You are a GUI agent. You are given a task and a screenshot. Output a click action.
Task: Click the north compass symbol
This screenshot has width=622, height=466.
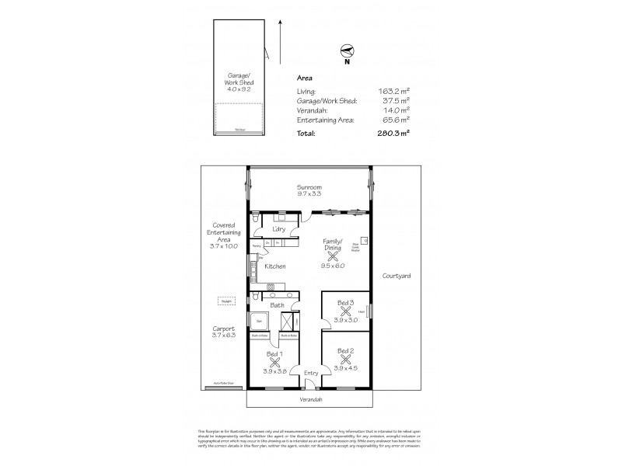(x=348, y=52)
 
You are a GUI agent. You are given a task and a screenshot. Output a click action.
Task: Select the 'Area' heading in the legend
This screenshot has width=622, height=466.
(x=306, y=79)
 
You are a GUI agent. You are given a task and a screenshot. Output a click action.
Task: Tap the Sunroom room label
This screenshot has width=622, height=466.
(x=309, y=190)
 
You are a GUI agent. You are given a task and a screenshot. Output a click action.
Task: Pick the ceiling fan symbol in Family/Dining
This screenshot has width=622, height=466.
(x=333, y=256)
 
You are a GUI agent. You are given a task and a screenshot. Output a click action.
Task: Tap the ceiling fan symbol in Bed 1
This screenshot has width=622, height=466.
(x=274, y=362)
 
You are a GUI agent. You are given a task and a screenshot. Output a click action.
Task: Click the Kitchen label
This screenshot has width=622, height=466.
(x=275, y=266)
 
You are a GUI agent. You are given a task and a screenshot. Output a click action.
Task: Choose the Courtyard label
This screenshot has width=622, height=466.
(x=397, y=276)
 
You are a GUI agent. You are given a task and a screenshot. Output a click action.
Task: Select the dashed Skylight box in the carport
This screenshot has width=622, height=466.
(x=225, y=301)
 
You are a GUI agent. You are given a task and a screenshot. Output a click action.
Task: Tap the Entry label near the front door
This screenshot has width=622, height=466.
(x=311, y=374)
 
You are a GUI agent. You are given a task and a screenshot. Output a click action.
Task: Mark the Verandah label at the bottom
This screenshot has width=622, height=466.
(x=311, y=399)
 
